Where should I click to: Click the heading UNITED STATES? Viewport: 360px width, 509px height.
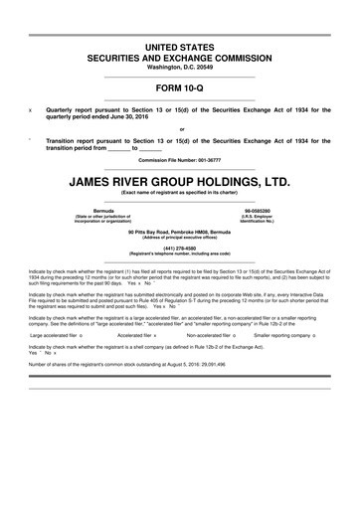click(x=179, y=47)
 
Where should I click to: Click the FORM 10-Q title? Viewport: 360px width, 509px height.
click(x=179, y=86)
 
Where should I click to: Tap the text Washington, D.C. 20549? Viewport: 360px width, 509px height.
click(x=179, y=69)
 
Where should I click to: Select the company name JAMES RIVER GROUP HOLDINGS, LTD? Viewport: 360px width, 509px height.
click(x=179, y=182)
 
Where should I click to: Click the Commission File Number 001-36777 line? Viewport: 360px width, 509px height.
click(x=179, y=160)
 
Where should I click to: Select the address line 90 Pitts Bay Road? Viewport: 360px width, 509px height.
click(x=179, y=231)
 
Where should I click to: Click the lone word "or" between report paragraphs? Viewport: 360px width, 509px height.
click(x=181, y=129)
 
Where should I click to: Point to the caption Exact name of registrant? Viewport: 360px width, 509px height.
click(x=179, y=194)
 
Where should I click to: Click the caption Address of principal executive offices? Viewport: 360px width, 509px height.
click(x=179, y=237)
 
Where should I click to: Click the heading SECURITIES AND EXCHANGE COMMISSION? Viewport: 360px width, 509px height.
click(x=179, y=58)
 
